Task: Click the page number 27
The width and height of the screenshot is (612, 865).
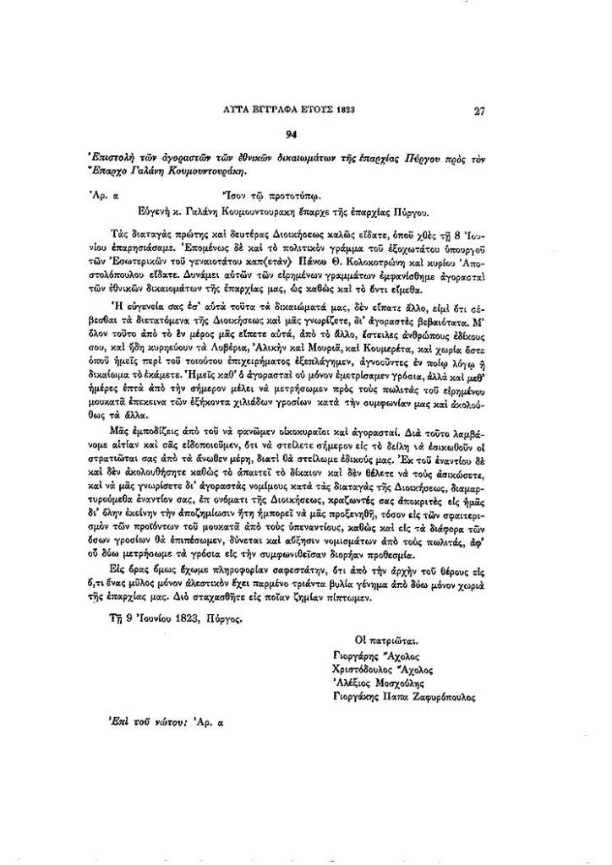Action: tap(479, 110)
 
